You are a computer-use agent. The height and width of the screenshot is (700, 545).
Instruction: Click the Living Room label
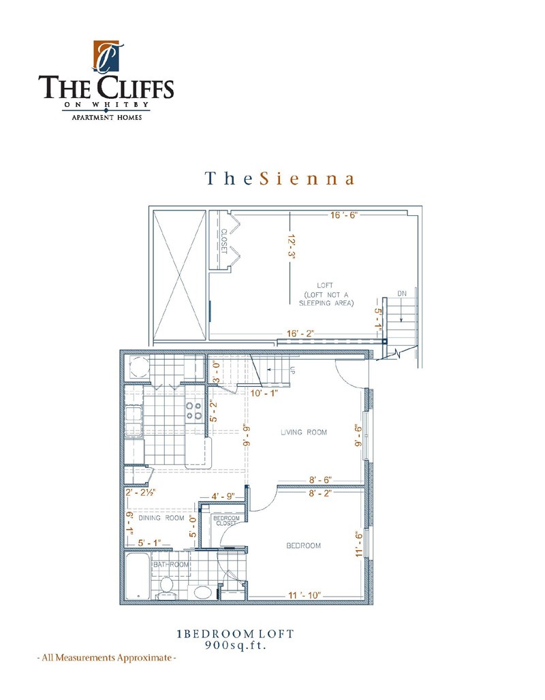[304, 432]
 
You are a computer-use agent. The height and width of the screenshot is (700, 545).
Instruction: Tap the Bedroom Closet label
[226, 520]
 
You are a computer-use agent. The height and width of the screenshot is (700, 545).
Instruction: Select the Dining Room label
[161, 518]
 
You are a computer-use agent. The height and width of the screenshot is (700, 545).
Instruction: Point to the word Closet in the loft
[224, 242]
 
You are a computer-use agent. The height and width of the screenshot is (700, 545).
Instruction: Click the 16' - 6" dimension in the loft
[345, 215]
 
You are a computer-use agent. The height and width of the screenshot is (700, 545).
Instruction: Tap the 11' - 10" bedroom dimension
[305, 596]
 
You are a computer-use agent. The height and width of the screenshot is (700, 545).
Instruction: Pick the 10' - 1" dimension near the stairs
[264, 393]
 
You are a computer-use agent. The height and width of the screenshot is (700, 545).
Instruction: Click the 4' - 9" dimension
[223, 496]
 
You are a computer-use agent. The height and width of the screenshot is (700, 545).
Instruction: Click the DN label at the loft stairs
[402, 293]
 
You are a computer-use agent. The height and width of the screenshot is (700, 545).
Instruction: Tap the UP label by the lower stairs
[293, 370]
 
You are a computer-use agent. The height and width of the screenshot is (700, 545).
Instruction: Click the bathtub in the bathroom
[136, 576]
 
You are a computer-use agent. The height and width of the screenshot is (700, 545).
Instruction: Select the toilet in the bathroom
[166, 588]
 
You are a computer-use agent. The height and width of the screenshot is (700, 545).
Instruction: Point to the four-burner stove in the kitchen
[194, 411]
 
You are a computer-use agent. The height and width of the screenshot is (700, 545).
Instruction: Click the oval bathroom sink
[203, 592]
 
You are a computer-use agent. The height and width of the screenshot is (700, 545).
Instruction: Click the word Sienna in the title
[307, 178]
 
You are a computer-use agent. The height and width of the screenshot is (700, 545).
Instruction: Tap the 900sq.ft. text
[236, 645]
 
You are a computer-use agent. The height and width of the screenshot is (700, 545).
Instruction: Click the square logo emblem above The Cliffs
[106, 56]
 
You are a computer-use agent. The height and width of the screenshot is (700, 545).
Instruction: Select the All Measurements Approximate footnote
[106, 658]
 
